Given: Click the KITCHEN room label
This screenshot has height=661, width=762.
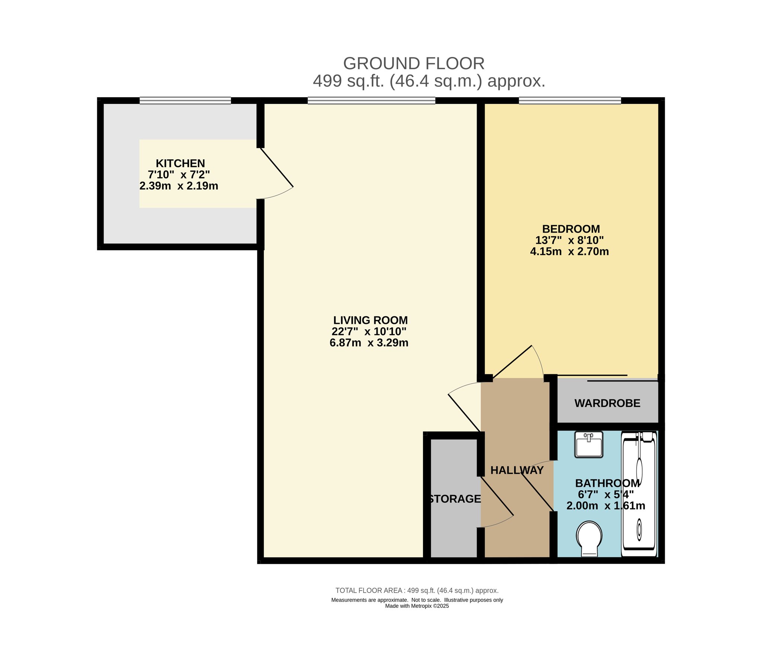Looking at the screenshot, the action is pos(180,163).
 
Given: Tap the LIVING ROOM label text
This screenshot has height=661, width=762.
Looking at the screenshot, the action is pos(370,320).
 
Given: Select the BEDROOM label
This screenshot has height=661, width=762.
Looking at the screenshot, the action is pos(571,229).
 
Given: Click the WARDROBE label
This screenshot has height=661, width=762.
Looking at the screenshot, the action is pos(607,403).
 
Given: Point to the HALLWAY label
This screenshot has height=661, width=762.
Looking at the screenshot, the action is pos(517,470).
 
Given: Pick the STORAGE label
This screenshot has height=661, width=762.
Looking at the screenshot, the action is pos(454,499).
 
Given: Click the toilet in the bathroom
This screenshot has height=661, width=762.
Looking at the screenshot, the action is pos(589,539).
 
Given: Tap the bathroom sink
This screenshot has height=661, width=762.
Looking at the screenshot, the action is pos(589,444).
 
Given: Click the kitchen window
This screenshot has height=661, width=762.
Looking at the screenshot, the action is pos(185,100).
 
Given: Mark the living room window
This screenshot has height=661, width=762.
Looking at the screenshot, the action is pos(371,100).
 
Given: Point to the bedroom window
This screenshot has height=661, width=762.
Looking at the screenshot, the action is pos(570,100).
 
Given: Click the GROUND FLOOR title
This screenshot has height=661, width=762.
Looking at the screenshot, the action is pos(414,64).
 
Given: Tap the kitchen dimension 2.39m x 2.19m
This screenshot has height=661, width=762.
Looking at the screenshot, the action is pos(179,186).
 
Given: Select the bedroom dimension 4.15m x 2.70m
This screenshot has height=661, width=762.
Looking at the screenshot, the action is pos(569,252).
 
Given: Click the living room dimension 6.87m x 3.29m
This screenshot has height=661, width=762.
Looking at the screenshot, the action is pos(369,343).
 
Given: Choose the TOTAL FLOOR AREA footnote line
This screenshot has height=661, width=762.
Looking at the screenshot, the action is pos(417,590).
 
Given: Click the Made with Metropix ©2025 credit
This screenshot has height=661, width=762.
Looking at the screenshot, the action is pos(417,606).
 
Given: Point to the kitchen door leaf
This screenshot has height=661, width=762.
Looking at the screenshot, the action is pos(277,167).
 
